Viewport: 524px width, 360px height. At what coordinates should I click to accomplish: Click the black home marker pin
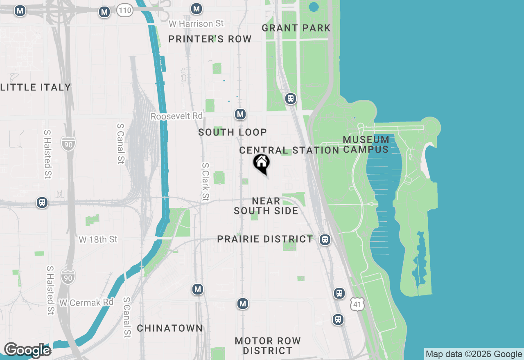(x=261, y=163)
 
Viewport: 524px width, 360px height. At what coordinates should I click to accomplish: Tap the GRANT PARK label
(x=296, y=28)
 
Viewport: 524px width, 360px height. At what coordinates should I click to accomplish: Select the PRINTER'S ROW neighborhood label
(x=210, y=39)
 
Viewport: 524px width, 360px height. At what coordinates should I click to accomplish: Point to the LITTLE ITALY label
(x=36, y=87)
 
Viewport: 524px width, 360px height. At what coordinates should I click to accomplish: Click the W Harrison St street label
(x=196, y=24)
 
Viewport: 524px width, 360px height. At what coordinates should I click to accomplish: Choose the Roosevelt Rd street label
(x=176, y=116)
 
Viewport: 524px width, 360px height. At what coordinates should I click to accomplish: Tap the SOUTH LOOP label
(x=233, y=132)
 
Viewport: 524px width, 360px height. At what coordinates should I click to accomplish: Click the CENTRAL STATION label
(x=289, y=150)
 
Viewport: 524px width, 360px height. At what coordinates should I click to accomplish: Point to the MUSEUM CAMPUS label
(x=366, y=144)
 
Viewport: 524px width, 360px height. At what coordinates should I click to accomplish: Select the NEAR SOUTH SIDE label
(x=266, y=206)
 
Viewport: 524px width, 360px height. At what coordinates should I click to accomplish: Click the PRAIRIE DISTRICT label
(x=265, y=239)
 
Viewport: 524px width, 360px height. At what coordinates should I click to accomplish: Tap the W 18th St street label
(x=98, y=239)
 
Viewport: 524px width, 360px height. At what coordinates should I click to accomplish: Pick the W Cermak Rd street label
(x=86, y=303)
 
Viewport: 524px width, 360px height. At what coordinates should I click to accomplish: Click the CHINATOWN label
(x=169, y=328)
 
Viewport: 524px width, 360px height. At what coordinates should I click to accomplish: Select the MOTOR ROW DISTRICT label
(x=268, y=346)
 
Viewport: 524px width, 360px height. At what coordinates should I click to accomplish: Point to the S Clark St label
(x=206, y=182)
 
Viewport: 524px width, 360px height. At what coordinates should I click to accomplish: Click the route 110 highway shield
(x=124, y=10)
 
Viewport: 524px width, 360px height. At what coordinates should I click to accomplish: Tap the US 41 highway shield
(x=357, y=304)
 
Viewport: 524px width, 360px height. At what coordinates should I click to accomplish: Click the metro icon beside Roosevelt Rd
(x=240, y=115)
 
